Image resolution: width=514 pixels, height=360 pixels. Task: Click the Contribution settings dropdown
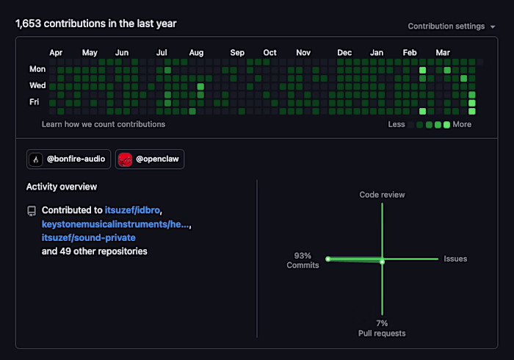(x=452, y=26)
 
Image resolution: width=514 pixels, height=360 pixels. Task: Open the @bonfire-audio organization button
(x=68, y=159)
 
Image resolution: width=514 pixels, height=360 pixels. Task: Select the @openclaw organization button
(x=150, y=159)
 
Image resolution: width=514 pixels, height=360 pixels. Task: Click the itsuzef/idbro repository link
(x=132, y=210)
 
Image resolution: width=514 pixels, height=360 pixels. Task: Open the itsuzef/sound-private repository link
(x=89, y=238)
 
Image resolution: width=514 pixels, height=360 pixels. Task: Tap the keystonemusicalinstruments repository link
(x=115, y=224)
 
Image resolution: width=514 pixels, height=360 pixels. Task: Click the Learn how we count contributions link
(x=104, y=124)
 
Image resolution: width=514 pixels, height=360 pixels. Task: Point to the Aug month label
(x=196, y=53)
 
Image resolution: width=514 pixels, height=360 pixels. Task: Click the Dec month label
(x=344, y=53)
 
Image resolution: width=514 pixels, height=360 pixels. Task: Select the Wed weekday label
(x=37, y=85)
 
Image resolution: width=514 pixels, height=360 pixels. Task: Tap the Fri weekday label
(x=34, y=102)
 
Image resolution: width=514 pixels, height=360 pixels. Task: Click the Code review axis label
(x=383, y=195)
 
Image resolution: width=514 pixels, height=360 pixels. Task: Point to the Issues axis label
(x=455, y=259)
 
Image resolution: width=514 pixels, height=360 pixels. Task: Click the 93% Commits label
(x=303, y=260)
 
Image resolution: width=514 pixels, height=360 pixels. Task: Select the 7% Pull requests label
(x=382, y=328)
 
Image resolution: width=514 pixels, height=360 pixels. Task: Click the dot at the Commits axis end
(x=327, y=259)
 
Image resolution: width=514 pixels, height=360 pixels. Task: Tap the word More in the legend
(x=462, y=124)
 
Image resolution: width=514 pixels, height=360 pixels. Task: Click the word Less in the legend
(x=397, y=124)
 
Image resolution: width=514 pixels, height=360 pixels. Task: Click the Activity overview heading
(x=62, y=187)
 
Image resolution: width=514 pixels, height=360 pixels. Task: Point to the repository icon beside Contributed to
(x=32, y=211)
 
